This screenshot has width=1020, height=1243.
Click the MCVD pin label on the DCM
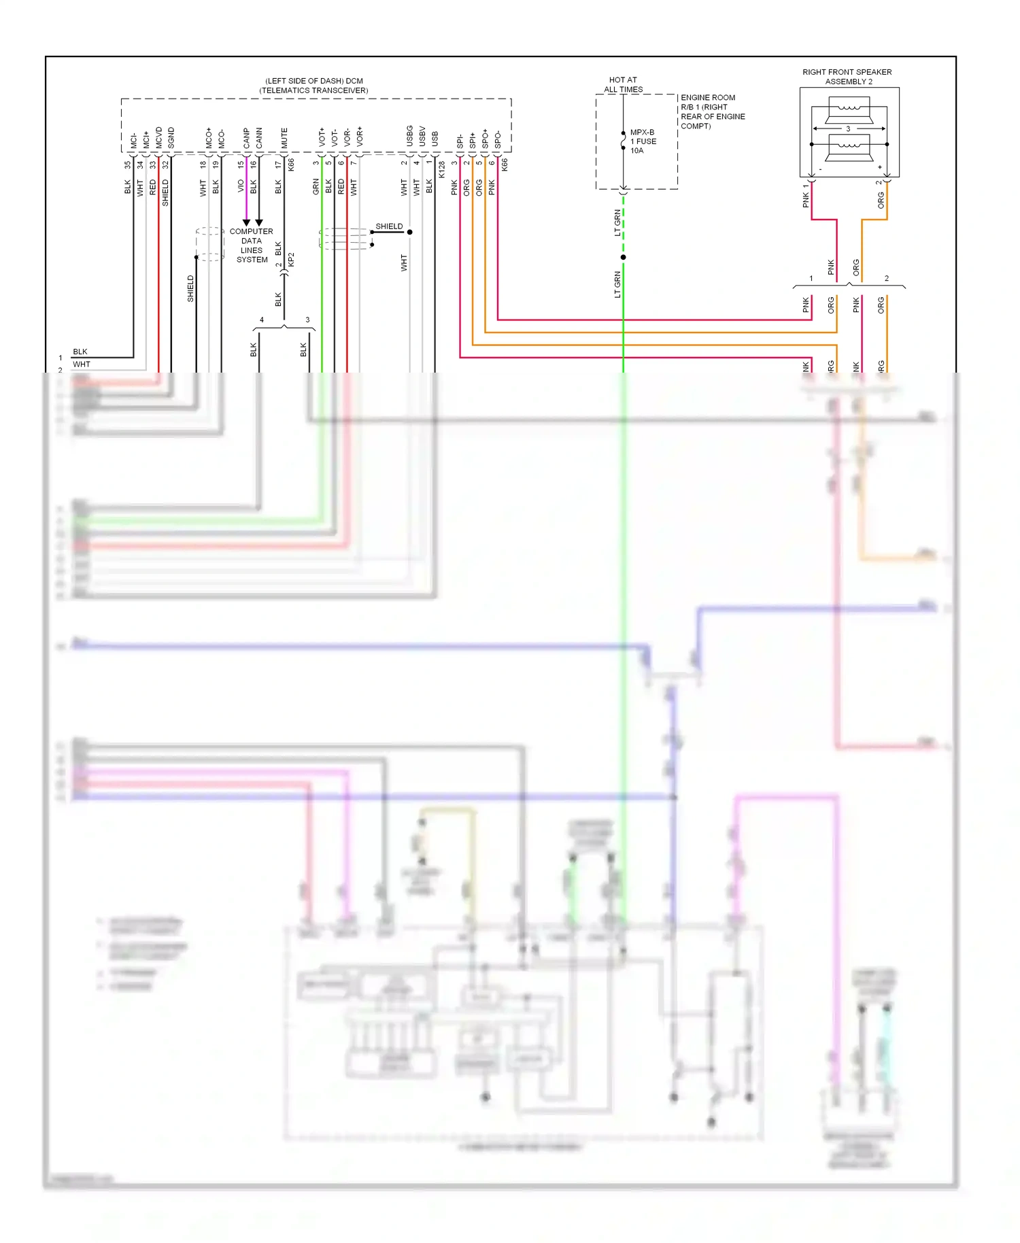coord(158,137)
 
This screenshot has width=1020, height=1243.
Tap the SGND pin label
coord(171,138)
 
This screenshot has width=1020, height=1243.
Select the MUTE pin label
coord(284,138)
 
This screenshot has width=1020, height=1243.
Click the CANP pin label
coord(246,138)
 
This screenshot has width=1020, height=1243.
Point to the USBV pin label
coord(422,136)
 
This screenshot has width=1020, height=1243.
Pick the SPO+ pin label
coord(485,139)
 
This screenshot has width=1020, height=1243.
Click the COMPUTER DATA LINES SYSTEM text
coord(252,245)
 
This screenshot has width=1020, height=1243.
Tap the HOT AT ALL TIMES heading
coord(623,84)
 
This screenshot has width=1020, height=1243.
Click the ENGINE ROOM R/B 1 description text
coord(712,112)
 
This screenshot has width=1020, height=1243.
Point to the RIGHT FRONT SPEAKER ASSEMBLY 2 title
coord(847,76)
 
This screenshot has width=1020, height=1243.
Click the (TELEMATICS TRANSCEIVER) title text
coord(313,90)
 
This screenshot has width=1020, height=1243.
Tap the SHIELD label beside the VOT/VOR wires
coord(389,226)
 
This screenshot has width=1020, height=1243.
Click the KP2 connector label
coord(291,260)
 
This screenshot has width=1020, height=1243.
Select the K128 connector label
coord(442,169)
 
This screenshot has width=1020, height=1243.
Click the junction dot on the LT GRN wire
coord(623,257)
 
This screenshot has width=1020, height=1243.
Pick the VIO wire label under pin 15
coord(241,186)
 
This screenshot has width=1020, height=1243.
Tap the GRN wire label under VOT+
coord(316,186)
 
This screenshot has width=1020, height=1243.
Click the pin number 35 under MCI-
coord(127,164)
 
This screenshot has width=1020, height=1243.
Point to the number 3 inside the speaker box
coord(848,129)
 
